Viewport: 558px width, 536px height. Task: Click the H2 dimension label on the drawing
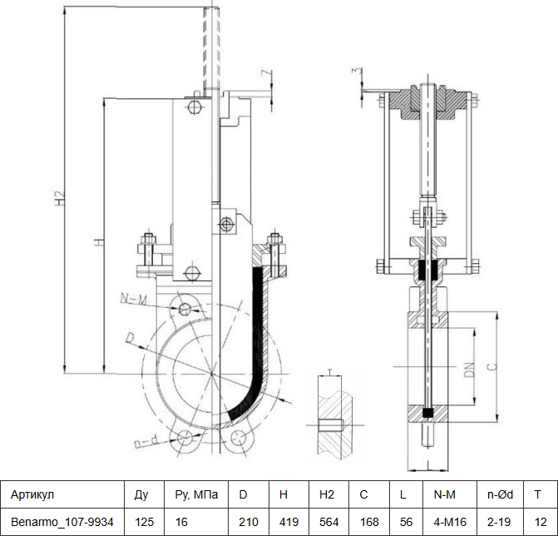(x=61, y=198)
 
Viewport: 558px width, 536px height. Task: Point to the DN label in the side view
(x=470, y=370)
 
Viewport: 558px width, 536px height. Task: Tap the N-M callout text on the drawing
(x=133, y=300)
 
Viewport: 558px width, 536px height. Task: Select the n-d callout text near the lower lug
(x=146, y=442)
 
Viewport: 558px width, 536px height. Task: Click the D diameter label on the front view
(x=131, y=338)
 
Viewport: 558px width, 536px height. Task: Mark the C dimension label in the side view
(x=491, y=366)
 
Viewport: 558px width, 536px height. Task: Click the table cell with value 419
(x=289, y=522)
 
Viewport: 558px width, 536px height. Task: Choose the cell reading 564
(x=328, y=522)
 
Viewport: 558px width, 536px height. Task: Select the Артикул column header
(x=32, y=494)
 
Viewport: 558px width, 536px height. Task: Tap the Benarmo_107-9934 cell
(x=62, y=522)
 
